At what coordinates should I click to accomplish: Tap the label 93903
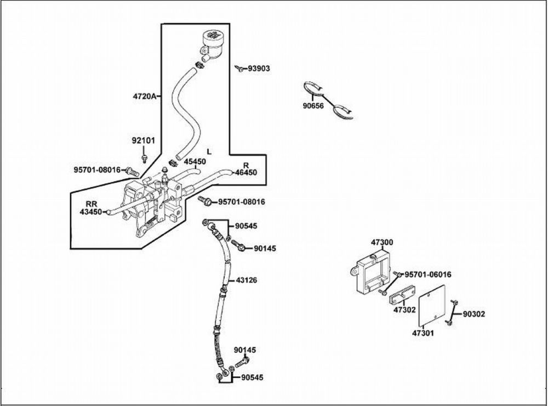pos(259,69)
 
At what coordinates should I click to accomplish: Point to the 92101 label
pos(143,140)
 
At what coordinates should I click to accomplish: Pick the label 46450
pos(246,172)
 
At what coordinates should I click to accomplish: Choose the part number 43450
pos(91,211)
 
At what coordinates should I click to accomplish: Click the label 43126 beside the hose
pos(247,280)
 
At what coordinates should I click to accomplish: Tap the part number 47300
pos(382,241)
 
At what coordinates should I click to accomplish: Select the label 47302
pos(404,310)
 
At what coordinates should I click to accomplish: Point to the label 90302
pos(474,314)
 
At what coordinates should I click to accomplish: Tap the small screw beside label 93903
pos(240,69)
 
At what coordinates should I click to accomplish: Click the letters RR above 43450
pos(91,203)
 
